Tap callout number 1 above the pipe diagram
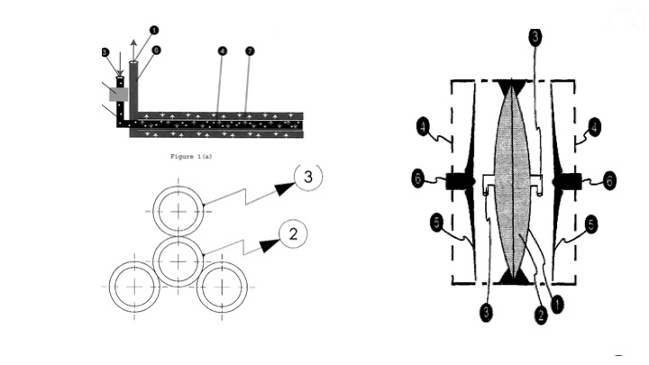point(154,30)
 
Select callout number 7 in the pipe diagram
point(250,51)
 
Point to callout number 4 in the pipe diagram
point(221,51)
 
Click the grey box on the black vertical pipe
point(118,94)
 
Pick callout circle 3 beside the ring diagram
point(308,177)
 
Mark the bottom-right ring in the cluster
point(222,286)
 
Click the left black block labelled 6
point(461,181)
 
